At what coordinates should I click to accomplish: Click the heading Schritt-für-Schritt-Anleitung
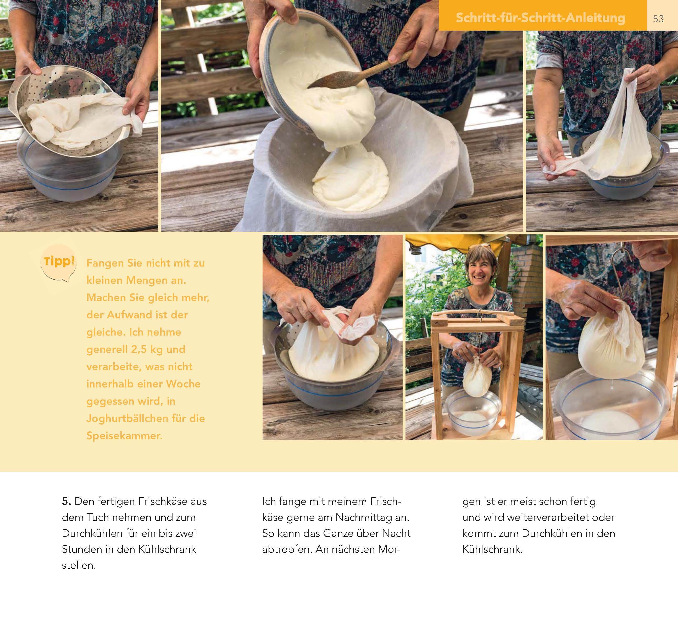(x=541, y=18)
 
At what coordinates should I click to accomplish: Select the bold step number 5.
(x=66, y=502)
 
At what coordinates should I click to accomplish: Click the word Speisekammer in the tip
(x=124, y=436)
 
